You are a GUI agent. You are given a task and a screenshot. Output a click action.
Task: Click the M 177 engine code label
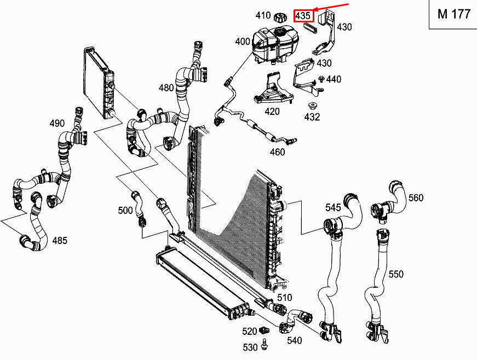coord(453,14)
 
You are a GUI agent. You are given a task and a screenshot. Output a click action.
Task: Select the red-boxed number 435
coord(303,16)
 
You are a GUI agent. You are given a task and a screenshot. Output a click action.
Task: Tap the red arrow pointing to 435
coord(331,7)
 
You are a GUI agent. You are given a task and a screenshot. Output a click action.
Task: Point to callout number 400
coord(243,42)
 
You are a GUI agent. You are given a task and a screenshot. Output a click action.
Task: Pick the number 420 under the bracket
coord(272,112)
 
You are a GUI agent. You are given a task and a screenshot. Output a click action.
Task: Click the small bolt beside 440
coord(321,79)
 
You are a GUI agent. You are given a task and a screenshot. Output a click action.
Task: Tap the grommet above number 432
coord(312,106)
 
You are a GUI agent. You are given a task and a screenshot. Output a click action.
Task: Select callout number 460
coord(278,152)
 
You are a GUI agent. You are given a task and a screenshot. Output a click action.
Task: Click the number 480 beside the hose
coord(166,88)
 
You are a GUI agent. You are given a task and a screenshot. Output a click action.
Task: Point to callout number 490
coord(57,123)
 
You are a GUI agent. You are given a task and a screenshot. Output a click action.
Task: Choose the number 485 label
coord(60,241)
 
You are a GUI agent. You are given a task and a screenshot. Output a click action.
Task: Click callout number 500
coord(125,210)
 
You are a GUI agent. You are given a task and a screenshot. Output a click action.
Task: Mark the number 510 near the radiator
coord(284,298)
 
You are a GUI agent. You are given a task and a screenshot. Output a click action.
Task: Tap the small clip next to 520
coord(265,330)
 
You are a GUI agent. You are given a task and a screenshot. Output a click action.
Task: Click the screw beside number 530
coord(265,345)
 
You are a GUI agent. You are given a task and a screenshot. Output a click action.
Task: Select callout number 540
coord(295,340)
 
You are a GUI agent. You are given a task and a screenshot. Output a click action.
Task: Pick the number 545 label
coord(333,207)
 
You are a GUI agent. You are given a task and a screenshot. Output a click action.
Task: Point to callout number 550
coord(396,274)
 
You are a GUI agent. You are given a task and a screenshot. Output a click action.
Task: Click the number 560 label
coord(416,198)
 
